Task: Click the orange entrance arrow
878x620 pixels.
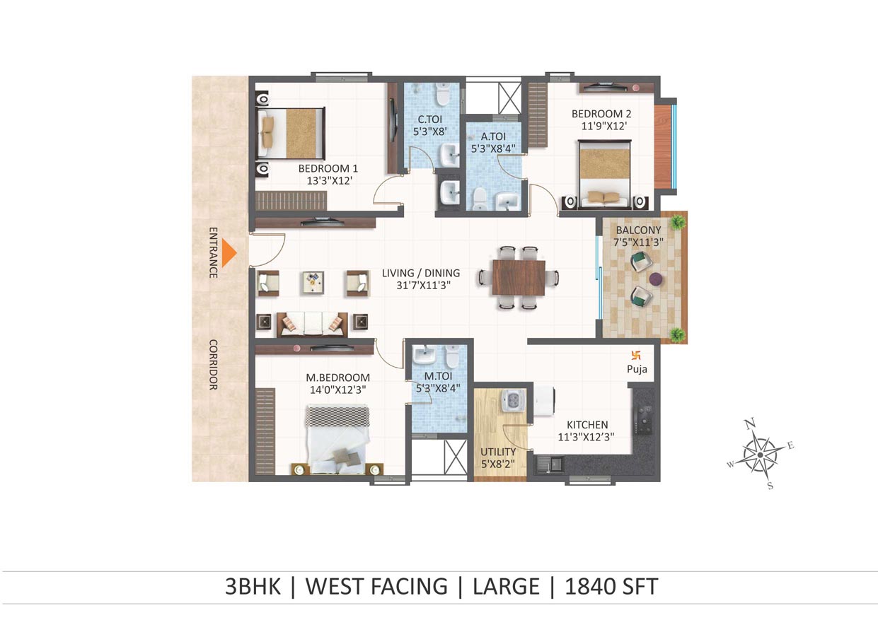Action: pyautogui.click(x=229, y=253)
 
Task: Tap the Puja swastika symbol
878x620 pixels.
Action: pyautogui.click(x=635, y=356)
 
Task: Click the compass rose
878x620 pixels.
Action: pyautogui.click(x=760, y=455)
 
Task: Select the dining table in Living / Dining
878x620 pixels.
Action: pyautogui.click(x=519, y=278)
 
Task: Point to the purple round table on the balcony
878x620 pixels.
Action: pyautogui.click(x=656, y=279)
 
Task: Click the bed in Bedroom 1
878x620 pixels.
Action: pyautogui.click(x=291, y=133)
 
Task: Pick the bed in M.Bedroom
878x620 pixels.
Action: pyautogui.click(x=337, y=440)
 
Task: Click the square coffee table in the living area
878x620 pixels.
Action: pyautogui.click(x=313, y=282)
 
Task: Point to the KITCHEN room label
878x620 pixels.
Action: pyautogui.click(x=587, y=425)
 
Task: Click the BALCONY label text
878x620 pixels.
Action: pyautogui.click(x=638, y=230)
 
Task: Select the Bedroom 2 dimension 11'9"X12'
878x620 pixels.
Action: pyautogui.click(x=604, y=126)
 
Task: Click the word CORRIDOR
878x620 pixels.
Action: pyautogui.click(x=213, y=365)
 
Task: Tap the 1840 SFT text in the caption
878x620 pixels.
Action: pyautogui.click(x=611, y=586)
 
